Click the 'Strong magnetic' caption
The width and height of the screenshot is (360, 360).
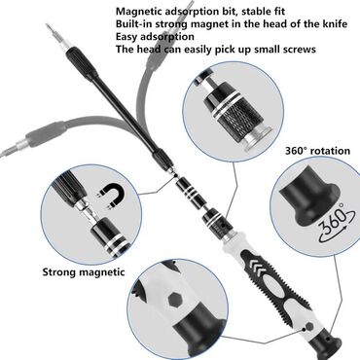83,271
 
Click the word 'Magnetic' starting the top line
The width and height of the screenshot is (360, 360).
141,11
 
